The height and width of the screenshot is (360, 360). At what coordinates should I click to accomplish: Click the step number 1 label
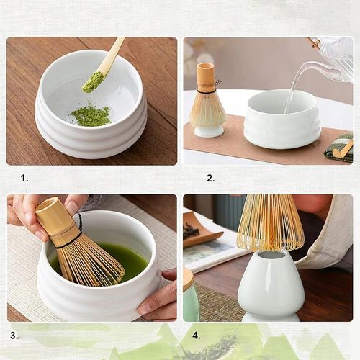point(24,178)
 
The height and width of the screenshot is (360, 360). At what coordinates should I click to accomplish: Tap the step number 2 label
point(210,178)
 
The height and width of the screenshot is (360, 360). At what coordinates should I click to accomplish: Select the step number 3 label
point(14,335)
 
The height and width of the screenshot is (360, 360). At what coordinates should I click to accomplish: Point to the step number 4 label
point(197,335)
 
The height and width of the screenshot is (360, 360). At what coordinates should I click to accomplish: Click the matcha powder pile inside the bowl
point(91,114)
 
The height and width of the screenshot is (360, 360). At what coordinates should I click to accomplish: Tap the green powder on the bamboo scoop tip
point(93,82)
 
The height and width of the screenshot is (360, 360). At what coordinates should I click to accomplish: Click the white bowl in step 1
point(91,130)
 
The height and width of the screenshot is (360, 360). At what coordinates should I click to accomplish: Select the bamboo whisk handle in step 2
point(206,78)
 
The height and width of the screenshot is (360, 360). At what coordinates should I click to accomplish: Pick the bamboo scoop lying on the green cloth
point(343,150)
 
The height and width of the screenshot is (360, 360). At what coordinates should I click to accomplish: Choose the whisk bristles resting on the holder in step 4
point(270,223)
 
